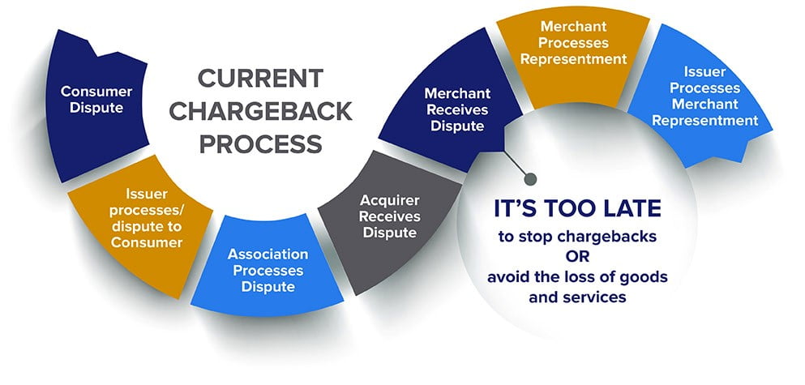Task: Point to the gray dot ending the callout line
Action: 530,178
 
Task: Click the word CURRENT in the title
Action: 260,79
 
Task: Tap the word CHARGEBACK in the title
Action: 260,111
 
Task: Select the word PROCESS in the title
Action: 260,144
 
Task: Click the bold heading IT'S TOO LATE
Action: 577,208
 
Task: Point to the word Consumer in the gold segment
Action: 147,242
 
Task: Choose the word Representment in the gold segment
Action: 573,58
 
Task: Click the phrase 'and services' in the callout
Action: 577,297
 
